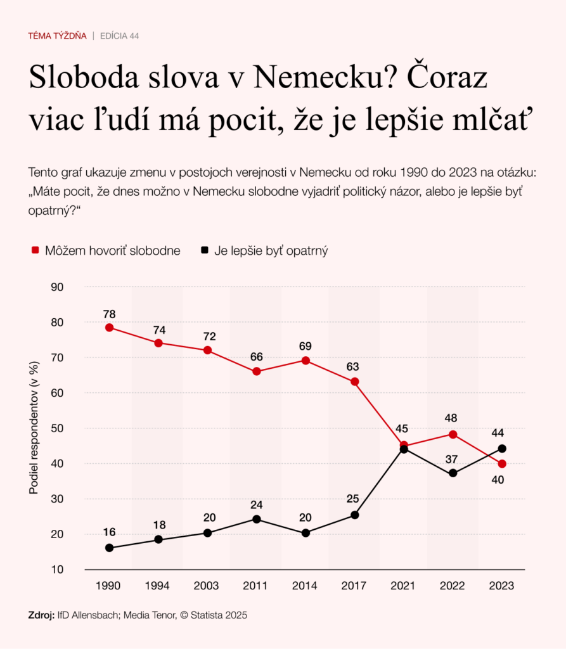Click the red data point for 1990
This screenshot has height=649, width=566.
pos(109,328)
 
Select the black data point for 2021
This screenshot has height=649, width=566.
pos(404,449)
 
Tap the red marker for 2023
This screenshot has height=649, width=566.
pos(502,463)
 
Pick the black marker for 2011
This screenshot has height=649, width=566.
pos(257,519)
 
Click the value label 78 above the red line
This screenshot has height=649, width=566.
pos(109,313)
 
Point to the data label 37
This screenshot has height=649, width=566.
pos(453,458)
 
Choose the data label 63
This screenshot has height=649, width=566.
pos(354,366)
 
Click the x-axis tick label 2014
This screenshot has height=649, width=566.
pos(305,586)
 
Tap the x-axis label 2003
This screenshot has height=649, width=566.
pos(207,586)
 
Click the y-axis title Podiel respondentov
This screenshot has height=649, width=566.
pos(35,428)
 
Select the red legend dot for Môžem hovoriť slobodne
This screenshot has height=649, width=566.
pos(35,251)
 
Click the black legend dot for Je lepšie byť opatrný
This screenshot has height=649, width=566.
pos(204,251)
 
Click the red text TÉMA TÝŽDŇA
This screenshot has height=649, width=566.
pos(57,36)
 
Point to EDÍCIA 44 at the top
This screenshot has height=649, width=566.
pos(120,36)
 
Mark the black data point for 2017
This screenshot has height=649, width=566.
pos(355,515)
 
